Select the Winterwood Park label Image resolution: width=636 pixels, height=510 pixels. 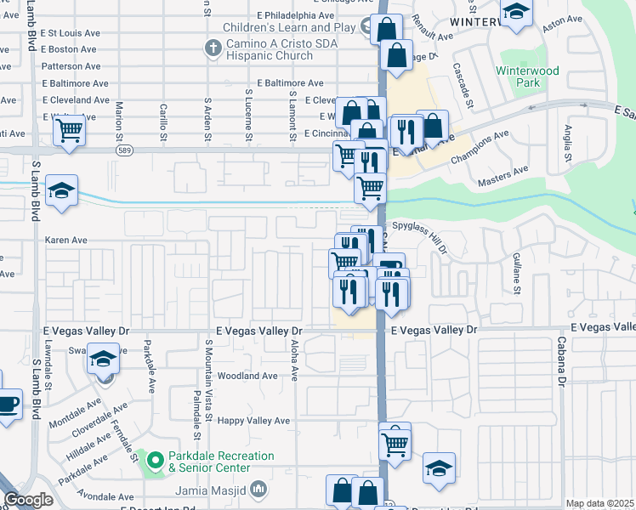tap(528, 77)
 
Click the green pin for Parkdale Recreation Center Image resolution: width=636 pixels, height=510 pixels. tap(156, 462)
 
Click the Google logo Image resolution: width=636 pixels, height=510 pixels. tap(29, 501)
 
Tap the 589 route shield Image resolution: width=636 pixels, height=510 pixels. tap(125, 150)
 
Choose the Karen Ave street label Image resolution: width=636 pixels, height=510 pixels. tap(66, 241)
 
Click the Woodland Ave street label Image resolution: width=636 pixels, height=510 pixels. tap(247, 376)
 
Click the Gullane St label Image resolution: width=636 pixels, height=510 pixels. tap(516, 272)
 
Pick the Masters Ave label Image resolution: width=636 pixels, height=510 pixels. tap(504, 174)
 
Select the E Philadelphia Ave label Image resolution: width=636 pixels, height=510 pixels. tap(295, 15)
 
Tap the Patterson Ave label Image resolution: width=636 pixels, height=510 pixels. tap(70, 65)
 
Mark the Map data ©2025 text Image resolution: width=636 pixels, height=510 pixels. tap(600, 503)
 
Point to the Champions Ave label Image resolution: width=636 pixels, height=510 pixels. tap(480, 146)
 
